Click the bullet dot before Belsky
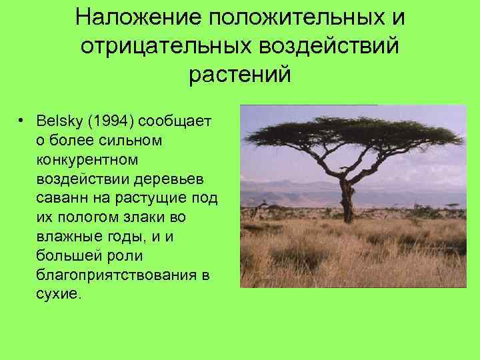coord(22,122)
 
